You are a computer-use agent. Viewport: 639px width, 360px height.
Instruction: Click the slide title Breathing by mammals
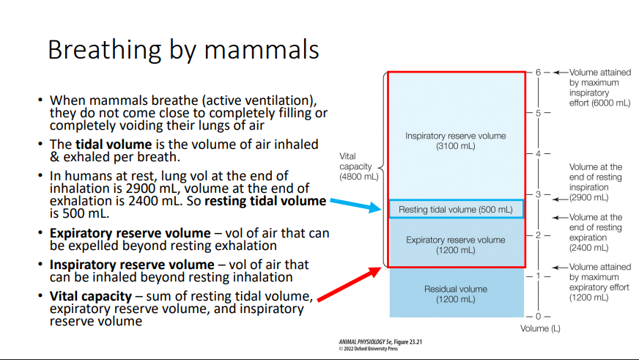[x=183, y=50]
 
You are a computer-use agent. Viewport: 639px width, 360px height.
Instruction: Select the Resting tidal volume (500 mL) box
[x=456, y=210]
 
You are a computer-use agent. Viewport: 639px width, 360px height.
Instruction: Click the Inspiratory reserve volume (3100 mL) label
[x=455, y=141]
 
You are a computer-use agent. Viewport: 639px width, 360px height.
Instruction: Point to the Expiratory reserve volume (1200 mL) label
[x=455, y=245]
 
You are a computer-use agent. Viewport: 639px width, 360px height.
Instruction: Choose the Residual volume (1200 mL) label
[x=455, y=294]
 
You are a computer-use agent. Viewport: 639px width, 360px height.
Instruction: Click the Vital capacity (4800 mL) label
[x=358, y=166]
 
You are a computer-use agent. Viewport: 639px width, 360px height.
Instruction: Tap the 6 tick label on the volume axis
[x=538, y=73]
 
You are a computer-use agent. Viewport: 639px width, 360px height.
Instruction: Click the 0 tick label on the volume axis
[x=538, y=317]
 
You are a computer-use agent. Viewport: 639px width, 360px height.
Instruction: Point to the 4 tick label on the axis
[x=538, y=154]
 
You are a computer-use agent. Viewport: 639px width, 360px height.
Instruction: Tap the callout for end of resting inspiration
[x=595, y=182]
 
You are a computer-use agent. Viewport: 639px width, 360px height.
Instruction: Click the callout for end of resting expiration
[x=595, y=232]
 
